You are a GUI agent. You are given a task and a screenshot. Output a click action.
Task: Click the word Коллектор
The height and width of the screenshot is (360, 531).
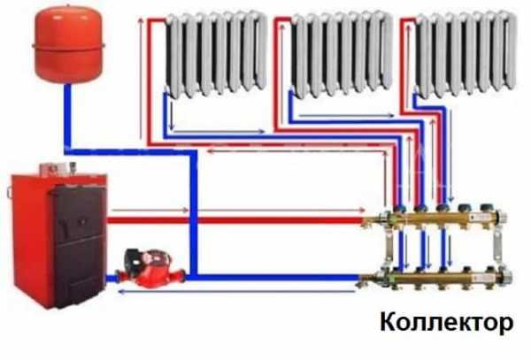point(446,324)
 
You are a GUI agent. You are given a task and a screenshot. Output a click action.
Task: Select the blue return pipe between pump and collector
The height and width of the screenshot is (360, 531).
point(265,276)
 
